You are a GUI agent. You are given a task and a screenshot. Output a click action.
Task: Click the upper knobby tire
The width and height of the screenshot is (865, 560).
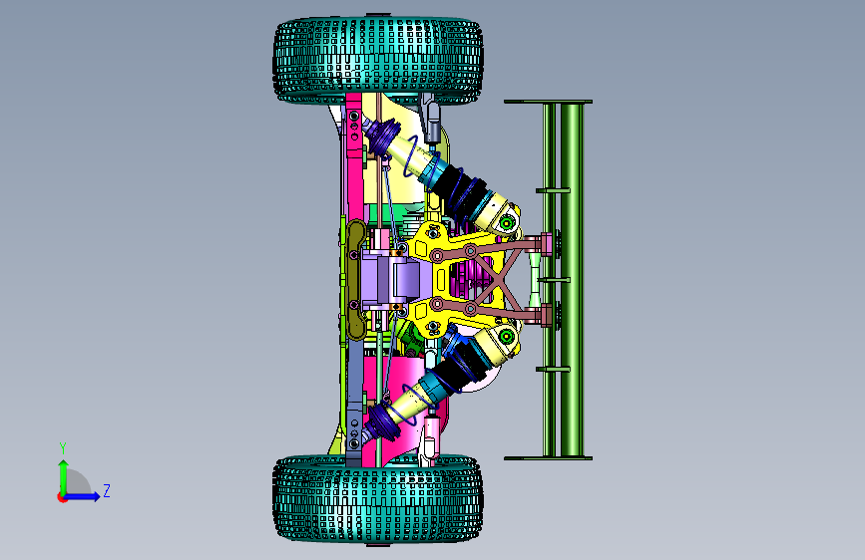tap(378, 60)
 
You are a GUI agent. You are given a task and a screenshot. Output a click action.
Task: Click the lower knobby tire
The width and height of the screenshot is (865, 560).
tap(378, 498)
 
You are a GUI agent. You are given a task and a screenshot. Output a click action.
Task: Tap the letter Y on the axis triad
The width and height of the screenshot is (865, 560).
tap(63, 448)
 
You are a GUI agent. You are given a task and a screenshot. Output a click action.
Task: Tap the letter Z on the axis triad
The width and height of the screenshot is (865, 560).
tap(107, 490)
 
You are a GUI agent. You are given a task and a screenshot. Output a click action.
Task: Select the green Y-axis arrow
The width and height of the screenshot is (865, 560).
tap(64, 477)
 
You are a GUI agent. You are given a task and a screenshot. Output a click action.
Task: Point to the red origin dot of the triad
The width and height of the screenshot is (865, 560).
tap(62, 497)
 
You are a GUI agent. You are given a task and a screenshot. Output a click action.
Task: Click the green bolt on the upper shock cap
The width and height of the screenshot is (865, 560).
tap(507, 223)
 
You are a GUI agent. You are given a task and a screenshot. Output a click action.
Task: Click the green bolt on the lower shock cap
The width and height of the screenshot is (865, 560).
tap(507, 335)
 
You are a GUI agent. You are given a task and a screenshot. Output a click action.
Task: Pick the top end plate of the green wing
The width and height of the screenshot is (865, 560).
tap(548, 102)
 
